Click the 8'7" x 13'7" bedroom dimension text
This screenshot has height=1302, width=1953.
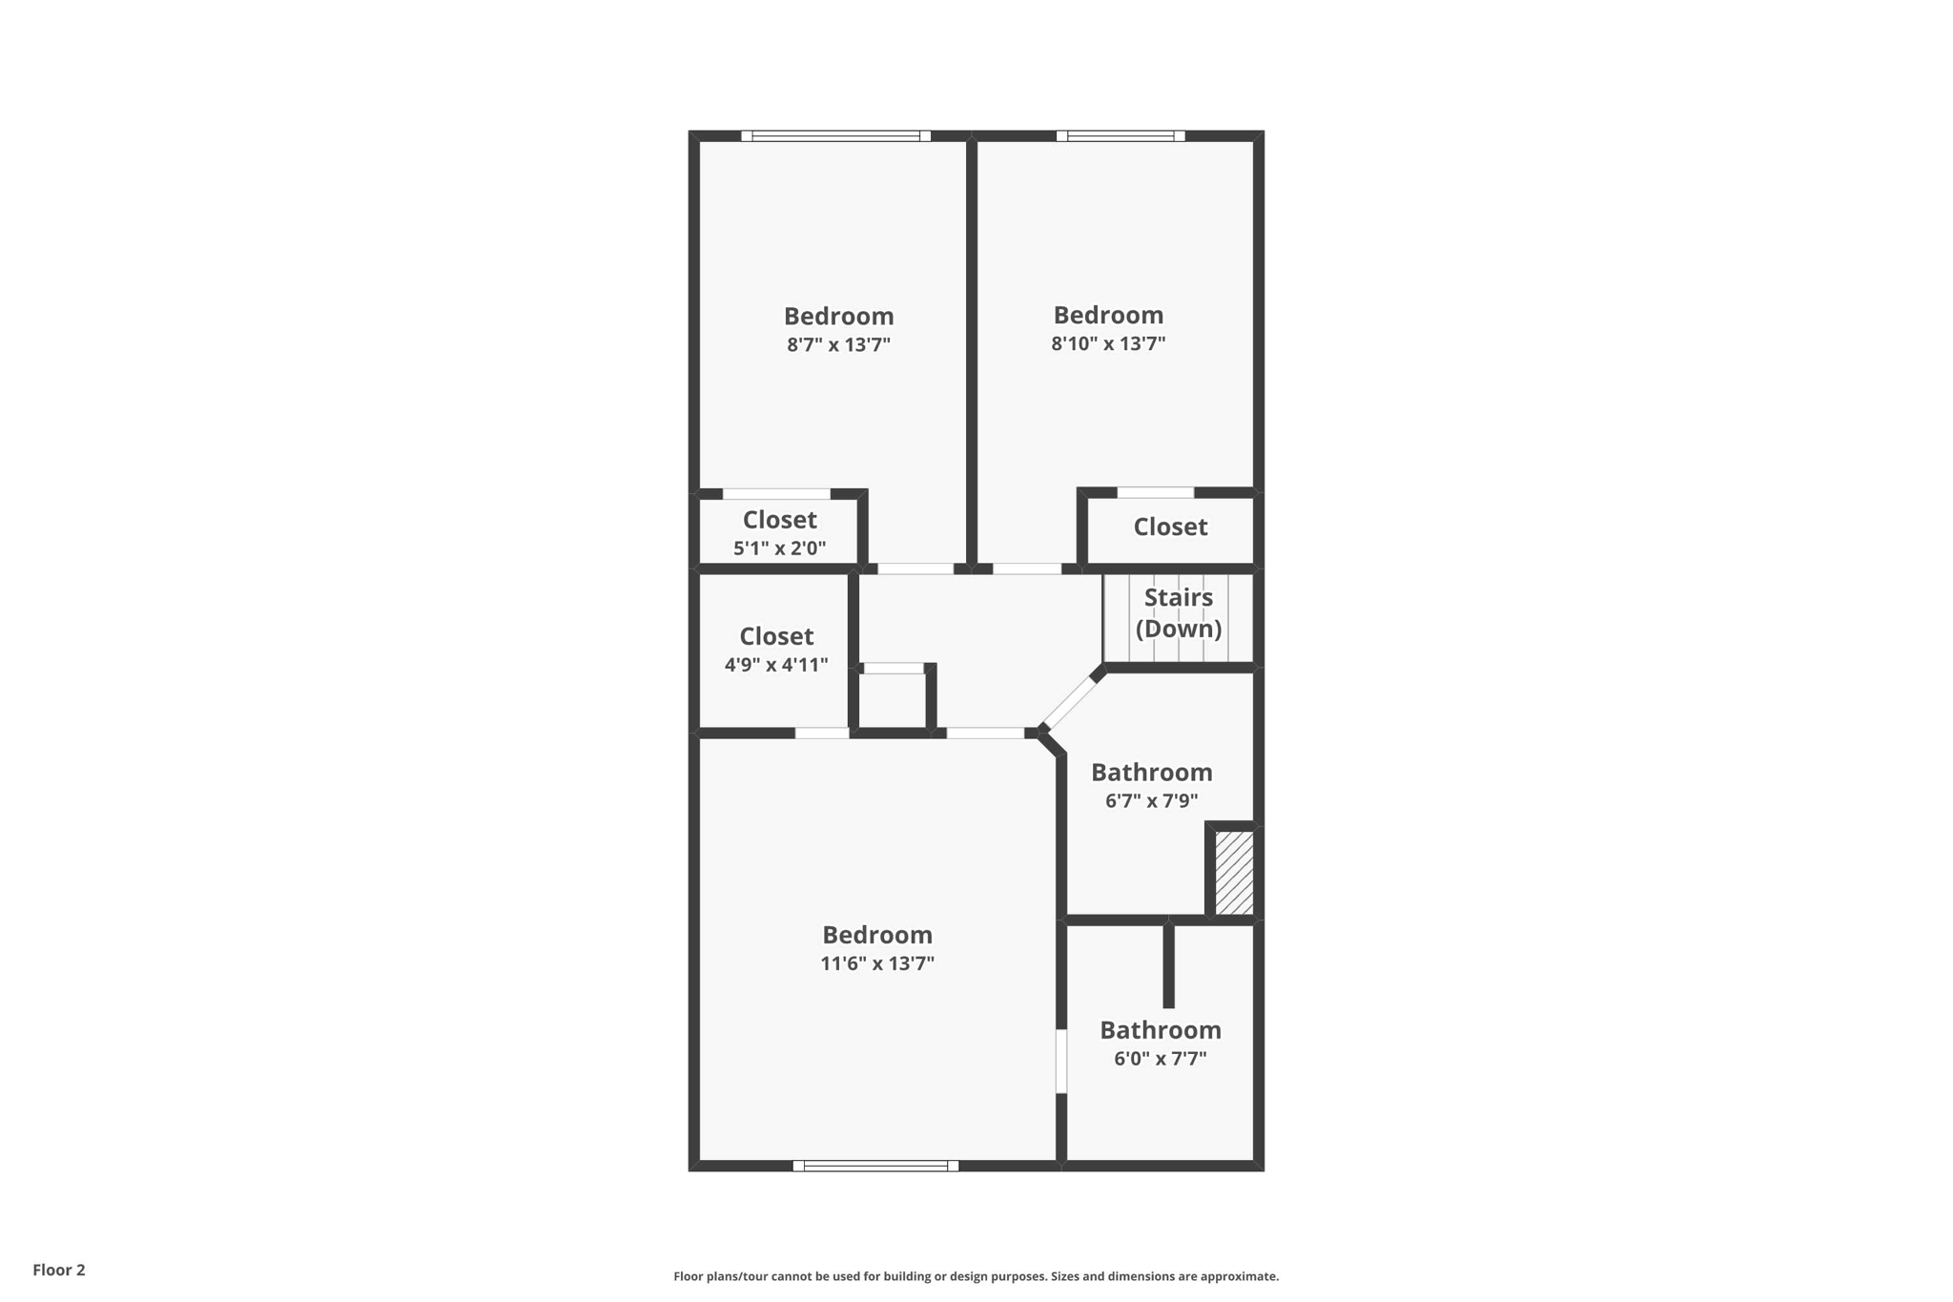(x=838, y=344)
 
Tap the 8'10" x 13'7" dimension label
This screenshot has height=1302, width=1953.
(x=1108, y=343)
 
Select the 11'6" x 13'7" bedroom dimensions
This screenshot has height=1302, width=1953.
(x=876, y=963)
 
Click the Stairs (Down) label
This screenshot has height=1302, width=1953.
(x=1179, y=612)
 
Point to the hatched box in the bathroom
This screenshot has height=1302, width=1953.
(x=1234, y=873)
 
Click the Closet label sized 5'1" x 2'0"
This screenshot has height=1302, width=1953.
(x=779, y=520)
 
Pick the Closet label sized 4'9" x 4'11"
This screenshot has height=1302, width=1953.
(x=776, y=636)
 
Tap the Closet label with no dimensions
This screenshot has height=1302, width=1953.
(x=1170, y=527)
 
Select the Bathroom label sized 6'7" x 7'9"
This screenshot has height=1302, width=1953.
(x=1151, y=772)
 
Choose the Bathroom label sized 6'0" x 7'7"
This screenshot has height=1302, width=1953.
(x=1160, y=1030)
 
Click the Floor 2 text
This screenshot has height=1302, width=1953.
(x=59, y=1270)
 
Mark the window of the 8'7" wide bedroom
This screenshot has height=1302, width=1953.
(x=835, y=135)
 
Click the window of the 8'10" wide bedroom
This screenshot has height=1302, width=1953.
(x=1120, y=135)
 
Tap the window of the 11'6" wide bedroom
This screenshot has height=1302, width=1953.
(x=875, y=1166)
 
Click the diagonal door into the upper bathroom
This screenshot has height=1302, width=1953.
(x=1069, y=702)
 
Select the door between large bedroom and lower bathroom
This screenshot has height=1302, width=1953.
(x=1060, y=1061)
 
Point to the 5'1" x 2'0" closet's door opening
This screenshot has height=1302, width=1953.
(x=776, y=494)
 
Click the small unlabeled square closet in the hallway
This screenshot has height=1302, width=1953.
(x=893, y=701)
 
